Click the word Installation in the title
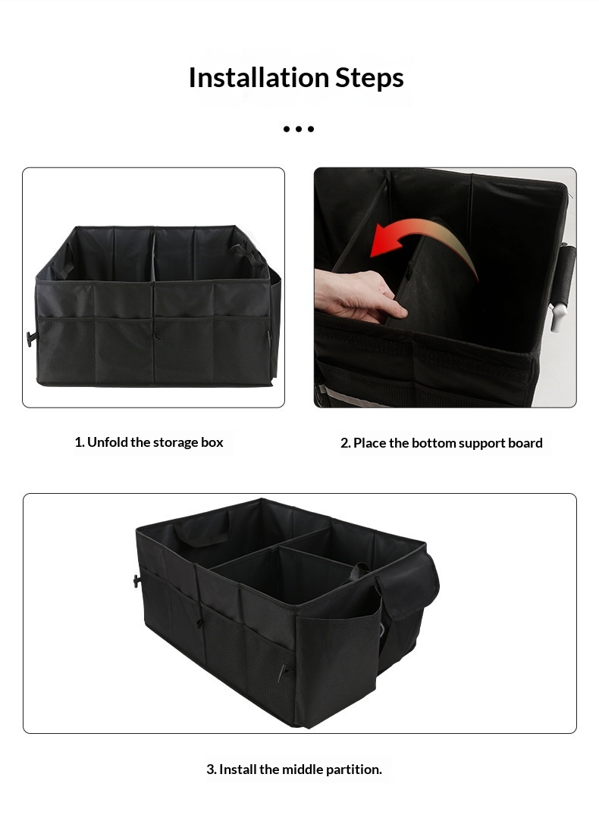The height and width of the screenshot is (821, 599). (x=259, y=77)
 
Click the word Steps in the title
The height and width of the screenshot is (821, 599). (x=369, y=78)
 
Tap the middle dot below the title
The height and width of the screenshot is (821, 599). (x=299, y=129)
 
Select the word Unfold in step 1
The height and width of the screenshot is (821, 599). (x=108, y=442)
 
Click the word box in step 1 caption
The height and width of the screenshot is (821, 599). (x=212, y=442)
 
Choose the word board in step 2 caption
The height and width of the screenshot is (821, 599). (x=525, y=443)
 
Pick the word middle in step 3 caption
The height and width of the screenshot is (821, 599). (x=303, y=769)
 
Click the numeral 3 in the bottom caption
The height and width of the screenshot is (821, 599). (x=210, y=769)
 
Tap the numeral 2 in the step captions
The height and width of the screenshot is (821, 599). (x=344, y=443)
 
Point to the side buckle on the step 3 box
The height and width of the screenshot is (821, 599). (x=137, y=581)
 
